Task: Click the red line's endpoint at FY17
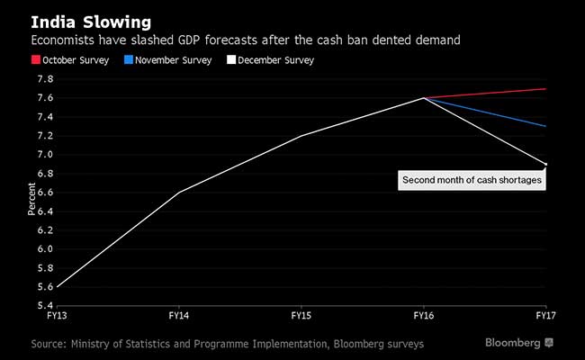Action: tap(546, 89)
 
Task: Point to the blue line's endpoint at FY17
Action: tap(546, 126)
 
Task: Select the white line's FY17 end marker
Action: tap(546, 164)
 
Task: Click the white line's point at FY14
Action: tap(179, 193)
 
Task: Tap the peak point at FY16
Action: tap(425, 98)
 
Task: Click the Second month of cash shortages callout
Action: tap(472, 181)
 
